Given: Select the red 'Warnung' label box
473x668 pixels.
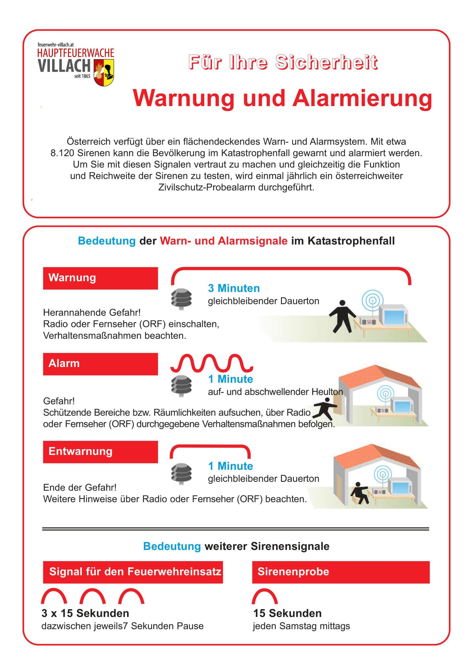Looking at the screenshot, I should point(100,278).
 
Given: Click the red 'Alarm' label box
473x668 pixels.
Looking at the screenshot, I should point(100,364).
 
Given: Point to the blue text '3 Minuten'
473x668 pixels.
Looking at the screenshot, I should point(233,288).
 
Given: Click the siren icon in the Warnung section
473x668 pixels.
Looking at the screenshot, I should point(181,299).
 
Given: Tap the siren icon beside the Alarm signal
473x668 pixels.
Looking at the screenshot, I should point(181,385).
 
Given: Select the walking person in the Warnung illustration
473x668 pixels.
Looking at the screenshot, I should point(342,317).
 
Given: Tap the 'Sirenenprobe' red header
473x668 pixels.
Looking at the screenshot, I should point(341,572).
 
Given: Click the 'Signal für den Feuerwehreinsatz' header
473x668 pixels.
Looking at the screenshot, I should point(133,572).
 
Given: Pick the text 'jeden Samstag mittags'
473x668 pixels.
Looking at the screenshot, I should point(301,626).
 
